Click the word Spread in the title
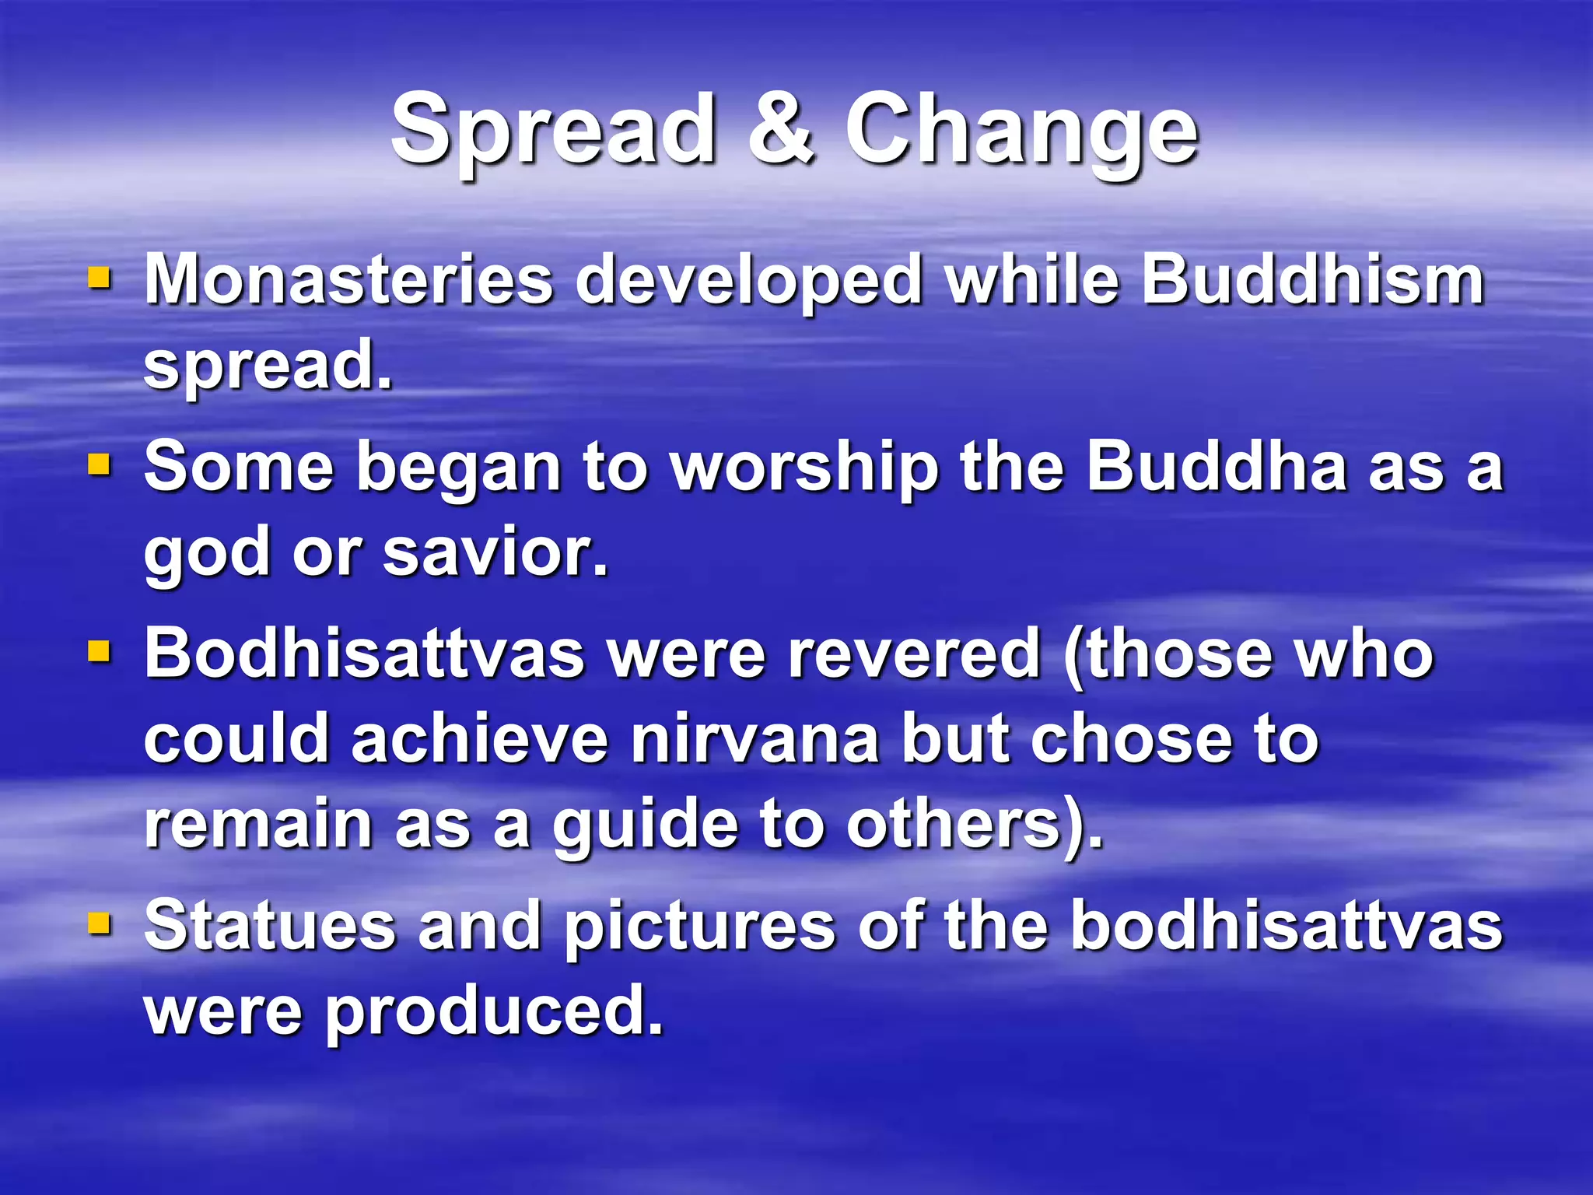click(x=552, y=131)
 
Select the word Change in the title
click(x=1021, y=131)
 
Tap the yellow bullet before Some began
click(x=100, y=465)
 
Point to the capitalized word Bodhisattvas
click(x=364, y=654)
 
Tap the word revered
click(x=913, y=654)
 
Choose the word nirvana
click(x=754, y=739)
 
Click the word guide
click(x=645, y=826)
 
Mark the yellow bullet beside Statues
click(x=100, y=924)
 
